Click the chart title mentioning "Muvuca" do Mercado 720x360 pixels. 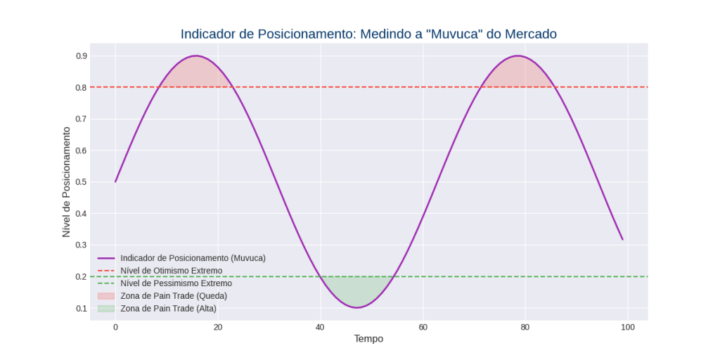(368, 34)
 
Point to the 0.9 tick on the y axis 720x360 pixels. (82, 56)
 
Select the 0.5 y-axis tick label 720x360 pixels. (82, 182)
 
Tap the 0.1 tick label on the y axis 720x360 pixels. (82, 308)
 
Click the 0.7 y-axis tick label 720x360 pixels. (82, 119)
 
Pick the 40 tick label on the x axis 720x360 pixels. (320, 328)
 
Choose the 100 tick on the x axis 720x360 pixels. (627, 328)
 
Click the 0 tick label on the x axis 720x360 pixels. (115, 328)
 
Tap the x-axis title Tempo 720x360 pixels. (368, 339)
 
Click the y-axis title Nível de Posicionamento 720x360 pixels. (67, 182)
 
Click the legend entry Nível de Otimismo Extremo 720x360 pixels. (172, 271)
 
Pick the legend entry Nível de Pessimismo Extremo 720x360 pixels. (176, 283)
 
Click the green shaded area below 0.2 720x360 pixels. (356, 290)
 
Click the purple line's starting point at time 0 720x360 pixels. (115, 182)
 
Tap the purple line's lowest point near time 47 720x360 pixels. (356, 307)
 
